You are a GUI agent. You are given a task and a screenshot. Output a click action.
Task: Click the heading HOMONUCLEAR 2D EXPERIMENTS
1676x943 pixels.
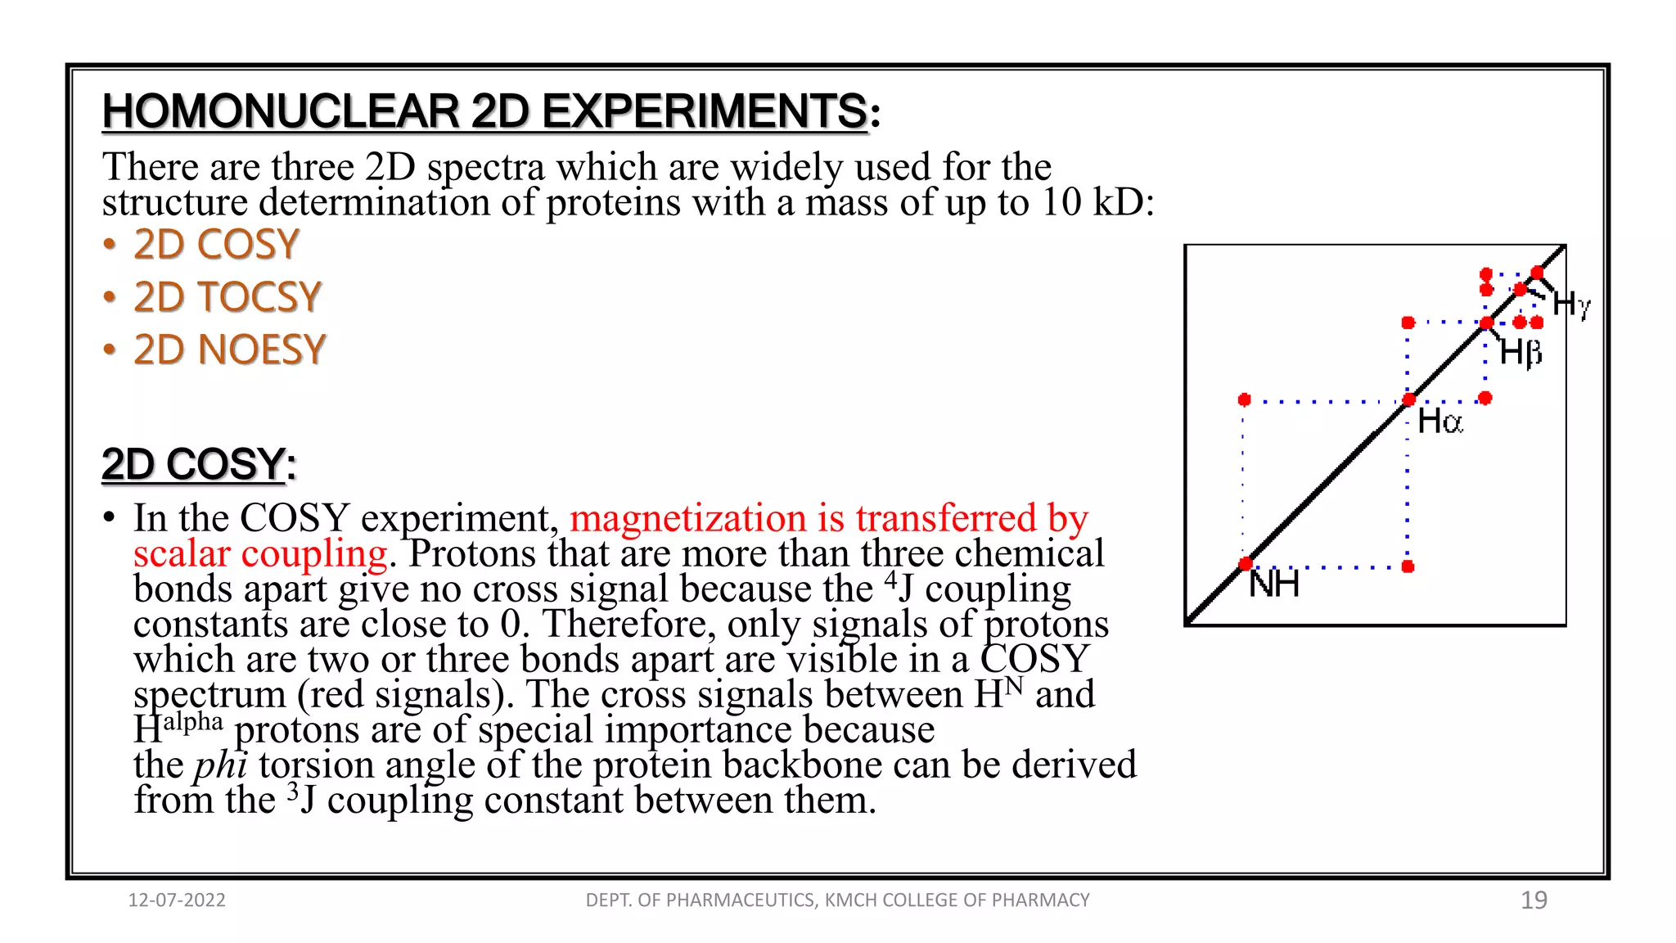tap(484, 111)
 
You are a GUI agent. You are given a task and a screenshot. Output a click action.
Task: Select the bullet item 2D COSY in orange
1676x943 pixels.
tap(216, 245)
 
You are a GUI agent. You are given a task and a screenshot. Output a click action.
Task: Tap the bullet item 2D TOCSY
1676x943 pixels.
tap(228, 297)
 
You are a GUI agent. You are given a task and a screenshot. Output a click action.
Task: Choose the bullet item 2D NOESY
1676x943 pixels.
tap(229, 350)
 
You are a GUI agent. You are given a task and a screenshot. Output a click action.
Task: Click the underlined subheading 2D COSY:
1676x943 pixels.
tap(197, 464)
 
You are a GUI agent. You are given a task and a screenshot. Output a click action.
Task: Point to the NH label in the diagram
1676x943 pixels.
tap(1274, 584)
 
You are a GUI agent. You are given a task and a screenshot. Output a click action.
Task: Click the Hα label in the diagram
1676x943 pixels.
tap(1439, 422)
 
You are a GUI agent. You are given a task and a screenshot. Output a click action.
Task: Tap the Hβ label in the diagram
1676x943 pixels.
tap(1521, 353)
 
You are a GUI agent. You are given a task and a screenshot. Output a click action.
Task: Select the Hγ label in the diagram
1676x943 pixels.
tap(1571, 305)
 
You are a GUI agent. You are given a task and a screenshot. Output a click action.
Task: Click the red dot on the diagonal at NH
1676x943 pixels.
tap(1246, 564)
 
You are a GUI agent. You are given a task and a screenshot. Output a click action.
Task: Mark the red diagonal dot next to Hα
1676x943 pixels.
tap(1408, 399)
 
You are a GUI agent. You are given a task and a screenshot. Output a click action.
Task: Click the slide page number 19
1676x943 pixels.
tap(1534, 900)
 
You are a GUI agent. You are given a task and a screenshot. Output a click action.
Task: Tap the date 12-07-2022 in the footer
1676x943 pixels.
tap(177, 900)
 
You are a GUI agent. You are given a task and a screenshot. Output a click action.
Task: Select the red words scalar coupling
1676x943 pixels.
tap(260, 554)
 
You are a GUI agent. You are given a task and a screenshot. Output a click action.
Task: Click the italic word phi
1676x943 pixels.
tap(220, 765)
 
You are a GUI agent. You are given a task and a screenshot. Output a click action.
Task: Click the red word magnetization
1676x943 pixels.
tap(687, 518)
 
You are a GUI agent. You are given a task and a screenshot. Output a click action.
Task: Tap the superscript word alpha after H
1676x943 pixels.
tap(192, 722)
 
